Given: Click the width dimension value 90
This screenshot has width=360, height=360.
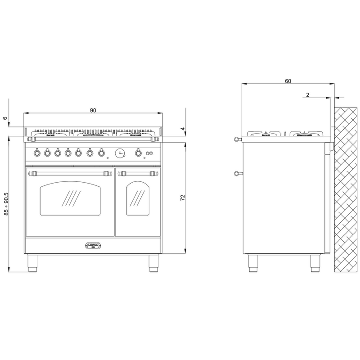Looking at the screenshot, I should pyautogui.click(x=93, y=110).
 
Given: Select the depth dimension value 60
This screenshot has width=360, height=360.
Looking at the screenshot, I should pyautogui.click(x=288, y=81).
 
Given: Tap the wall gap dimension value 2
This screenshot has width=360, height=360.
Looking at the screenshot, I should pyautogui.click(x=307, y=94).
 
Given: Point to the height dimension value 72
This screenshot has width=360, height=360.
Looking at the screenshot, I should pyautogui.click(x=183, y=198).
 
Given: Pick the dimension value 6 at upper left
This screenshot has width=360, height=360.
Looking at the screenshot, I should pyautogui.click(x=5, y=118).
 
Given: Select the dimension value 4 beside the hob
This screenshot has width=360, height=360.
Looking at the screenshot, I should pyautogui.click(x=183, y=129).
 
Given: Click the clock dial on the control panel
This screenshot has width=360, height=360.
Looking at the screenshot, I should pyautogui.click(x=120, y=153).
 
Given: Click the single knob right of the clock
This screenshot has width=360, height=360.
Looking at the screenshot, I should pyautogui.click(x=138, y=153).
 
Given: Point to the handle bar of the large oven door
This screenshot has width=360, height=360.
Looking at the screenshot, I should pyautogui.click(x=70, y=173).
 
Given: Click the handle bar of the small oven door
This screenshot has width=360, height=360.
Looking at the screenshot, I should pyautogui.click(x=138, y=173).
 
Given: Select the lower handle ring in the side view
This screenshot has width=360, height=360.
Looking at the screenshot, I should pyautogui.click(x=235, y=173).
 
